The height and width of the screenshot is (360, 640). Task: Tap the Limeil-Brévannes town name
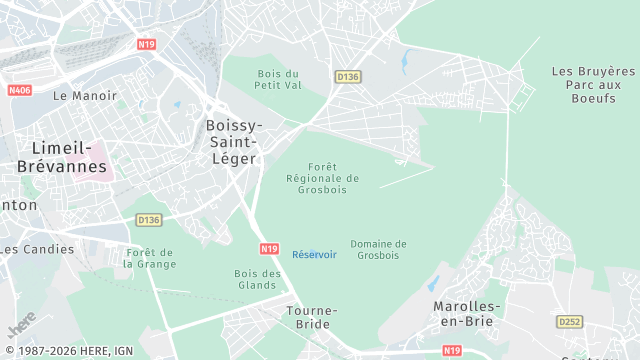[61, 157]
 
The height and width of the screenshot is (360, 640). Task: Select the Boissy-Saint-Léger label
[232, 141]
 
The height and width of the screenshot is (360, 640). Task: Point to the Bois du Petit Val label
[278, 79]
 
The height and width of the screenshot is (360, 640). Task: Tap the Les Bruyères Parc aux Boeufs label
[593, 83]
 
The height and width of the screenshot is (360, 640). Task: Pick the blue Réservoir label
[314, 254]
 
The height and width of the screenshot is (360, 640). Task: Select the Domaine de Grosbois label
[378, 249]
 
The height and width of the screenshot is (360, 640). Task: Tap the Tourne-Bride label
[312, 317]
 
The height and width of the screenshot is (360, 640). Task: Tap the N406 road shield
[19, 90]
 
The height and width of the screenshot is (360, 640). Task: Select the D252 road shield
[569, 322]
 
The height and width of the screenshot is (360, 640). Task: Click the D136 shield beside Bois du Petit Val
[347, 76]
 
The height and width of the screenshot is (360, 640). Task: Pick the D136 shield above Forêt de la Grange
[148, 220]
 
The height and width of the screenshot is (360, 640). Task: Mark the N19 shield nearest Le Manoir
[147, 45]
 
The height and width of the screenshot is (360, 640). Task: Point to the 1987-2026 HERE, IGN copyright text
[67, 350]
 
